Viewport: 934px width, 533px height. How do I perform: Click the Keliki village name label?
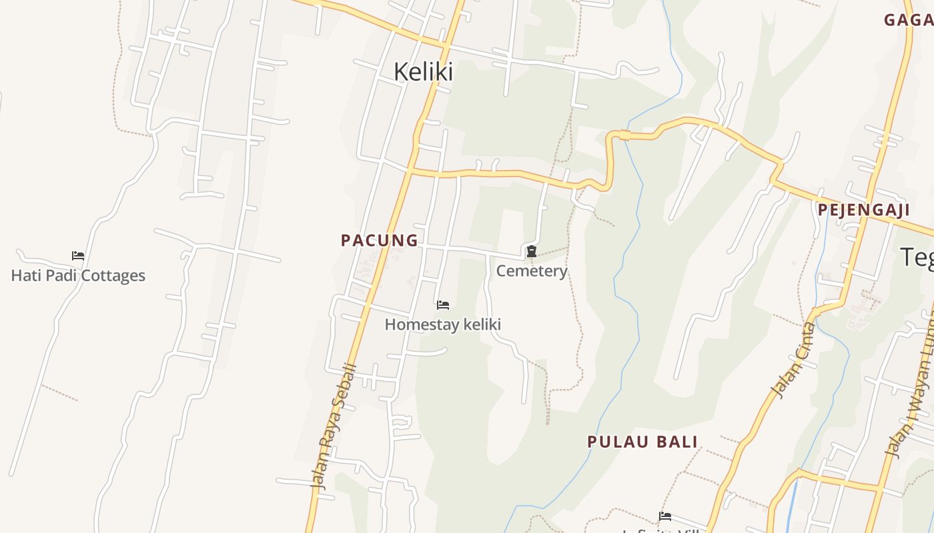coord(423,71)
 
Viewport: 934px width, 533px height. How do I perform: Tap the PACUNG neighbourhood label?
coord(380,241)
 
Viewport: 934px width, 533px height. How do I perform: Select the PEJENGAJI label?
coord(864,210)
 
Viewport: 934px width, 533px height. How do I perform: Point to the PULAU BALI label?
coord(642,442)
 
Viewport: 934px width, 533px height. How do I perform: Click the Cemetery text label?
coord(532,271)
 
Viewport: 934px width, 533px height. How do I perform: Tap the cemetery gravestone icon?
coord(532,251)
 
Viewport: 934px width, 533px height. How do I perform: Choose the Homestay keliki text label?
coord(442,324)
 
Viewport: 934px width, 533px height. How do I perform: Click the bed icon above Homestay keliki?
coord(443,305)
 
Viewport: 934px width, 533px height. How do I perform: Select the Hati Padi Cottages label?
coord(78,275)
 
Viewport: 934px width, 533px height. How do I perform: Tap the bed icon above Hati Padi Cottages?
coord(78,255)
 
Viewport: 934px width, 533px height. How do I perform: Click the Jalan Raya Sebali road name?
coord(334,426)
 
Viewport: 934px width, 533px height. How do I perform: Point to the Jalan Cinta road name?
coord(793,360)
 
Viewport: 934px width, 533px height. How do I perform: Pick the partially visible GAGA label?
coord(908,20)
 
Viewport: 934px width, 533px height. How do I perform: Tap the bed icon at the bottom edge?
coord(665,516)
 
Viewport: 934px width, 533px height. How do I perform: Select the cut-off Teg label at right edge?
coord(918,257)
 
